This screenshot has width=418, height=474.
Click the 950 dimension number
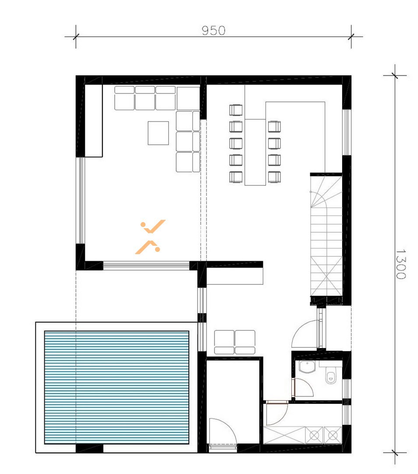[213, 31]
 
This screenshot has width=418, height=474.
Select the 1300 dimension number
[400, 264]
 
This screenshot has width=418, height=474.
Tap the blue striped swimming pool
[117, 387]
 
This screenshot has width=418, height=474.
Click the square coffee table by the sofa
[158, 133]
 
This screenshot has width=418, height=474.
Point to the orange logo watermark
[150, 237]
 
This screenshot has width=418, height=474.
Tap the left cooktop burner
[315, 435]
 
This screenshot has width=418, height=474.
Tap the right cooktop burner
[333, 435]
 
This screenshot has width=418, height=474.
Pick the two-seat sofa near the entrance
[234, 342]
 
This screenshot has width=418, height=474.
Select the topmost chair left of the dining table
[236, 110]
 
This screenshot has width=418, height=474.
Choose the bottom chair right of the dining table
[274, 176]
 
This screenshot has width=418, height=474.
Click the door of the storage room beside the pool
[223, 432]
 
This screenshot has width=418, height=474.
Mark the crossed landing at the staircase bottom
[326, 276]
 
